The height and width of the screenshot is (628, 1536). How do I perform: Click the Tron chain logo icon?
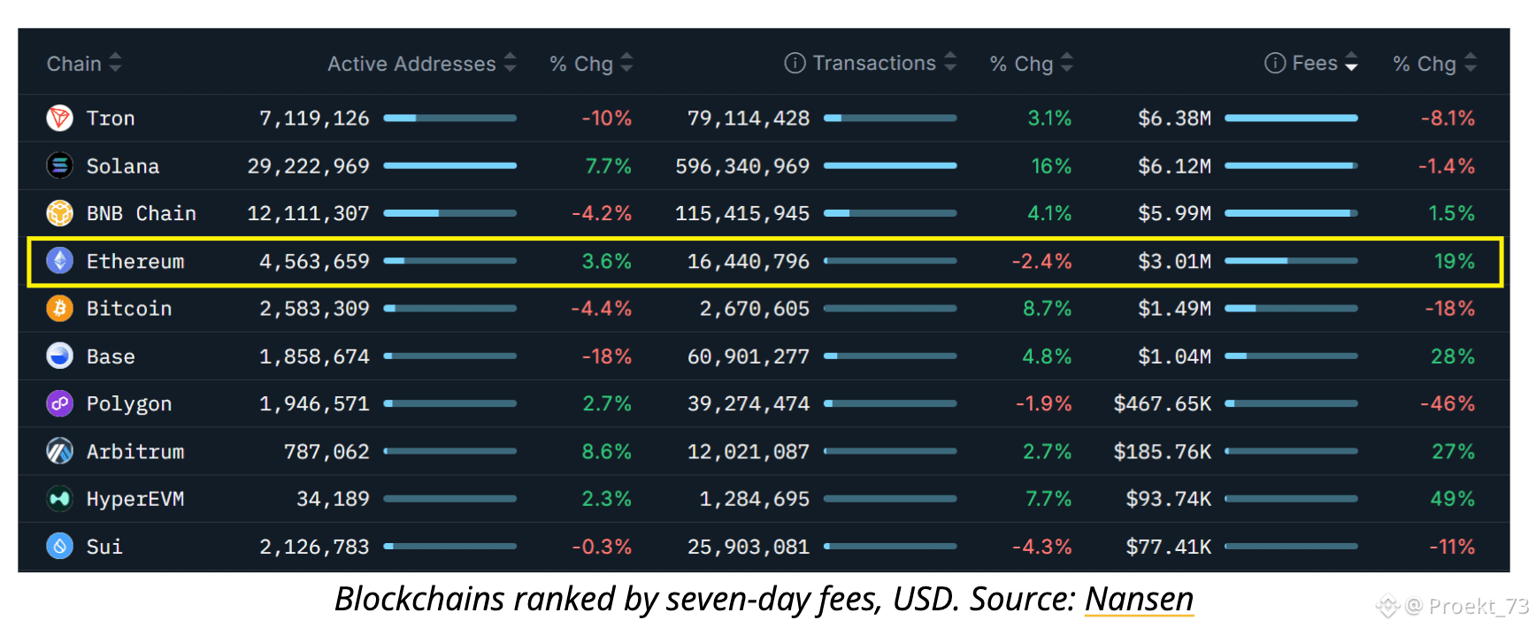[x=59, y=118]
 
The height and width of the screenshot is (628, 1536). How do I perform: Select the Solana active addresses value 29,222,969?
[x=308, y=166]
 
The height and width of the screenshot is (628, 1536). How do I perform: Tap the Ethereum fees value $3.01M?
[x=1174, y=262]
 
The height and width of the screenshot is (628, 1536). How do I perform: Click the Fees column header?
[x=1314, y=64]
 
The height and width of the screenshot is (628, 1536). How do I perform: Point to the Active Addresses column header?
[x=411, y=64]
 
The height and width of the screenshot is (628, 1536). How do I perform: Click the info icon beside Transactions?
[x=795, y=64]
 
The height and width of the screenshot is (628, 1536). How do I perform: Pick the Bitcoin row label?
[x=129, y=309]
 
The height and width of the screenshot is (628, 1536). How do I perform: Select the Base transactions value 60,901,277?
[x=748, y=356]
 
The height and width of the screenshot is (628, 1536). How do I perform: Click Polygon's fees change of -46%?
[x=1447, y=404]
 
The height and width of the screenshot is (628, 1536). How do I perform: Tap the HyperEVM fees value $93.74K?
[x=1168, y=499]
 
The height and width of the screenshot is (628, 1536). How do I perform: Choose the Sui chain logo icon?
[x=59, y=547]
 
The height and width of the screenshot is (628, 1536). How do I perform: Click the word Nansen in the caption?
[x=1139, y=600]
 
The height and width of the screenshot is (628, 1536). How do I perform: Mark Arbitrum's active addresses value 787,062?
[x=326, y=452]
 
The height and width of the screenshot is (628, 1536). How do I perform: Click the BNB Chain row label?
[x=141, y=213]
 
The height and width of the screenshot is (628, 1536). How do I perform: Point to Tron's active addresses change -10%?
[x=606, y=119]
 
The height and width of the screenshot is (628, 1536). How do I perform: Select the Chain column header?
[x=74, y=64]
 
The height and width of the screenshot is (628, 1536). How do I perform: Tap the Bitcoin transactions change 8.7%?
[x=1047, y=309]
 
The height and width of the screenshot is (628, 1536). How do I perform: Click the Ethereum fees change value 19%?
[x=1454, y=262]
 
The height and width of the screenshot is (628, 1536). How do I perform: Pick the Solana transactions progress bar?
[x=890, y=165]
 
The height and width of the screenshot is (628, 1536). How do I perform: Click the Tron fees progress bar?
[x=1291, y=118]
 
